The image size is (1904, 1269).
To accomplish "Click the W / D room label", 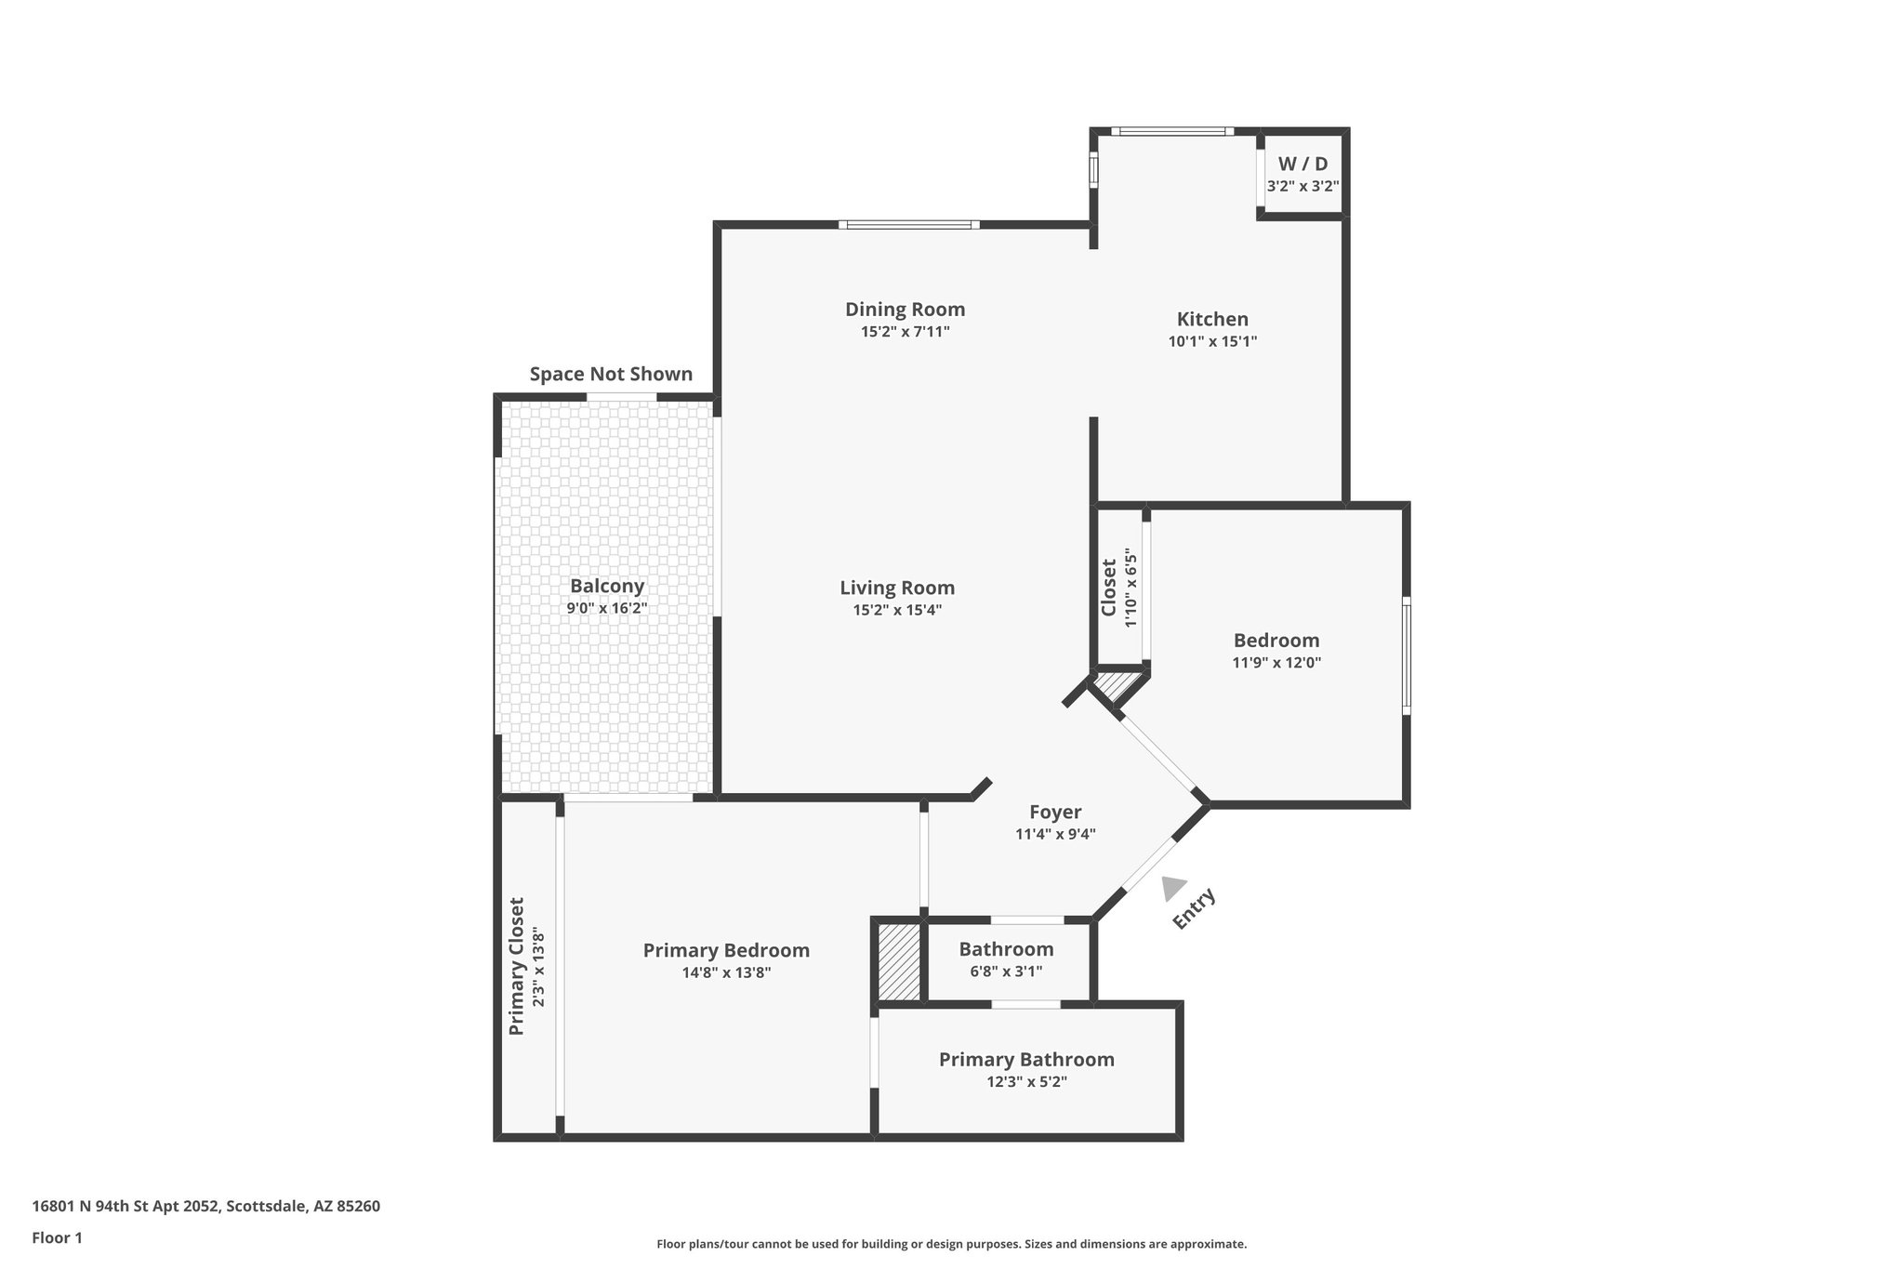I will coord(1302,164).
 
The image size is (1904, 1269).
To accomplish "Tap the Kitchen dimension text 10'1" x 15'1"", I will coord(1212,341).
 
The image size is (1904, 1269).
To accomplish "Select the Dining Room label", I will coord(905,309).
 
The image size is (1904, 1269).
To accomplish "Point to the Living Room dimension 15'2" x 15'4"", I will coord(897,610).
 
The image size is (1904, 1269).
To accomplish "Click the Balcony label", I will coord(606,586).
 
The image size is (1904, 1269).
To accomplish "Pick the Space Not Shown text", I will coord(611,374).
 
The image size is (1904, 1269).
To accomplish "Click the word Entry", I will coord(1194,908).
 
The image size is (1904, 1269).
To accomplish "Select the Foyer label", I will coord(1055,812).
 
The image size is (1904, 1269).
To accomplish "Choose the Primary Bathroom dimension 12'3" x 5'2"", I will coord(1026,1081).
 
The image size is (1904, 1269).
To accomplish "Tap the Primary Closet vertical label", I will coord(517,966).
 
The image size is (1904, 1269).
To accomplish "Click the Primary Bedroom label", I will coord(726,950).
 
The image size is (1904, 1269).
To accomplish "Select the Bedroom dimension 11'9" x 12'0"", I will coord(1276,663).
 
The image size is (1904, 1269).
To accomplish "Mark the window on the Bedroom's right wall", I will coord(1407,655).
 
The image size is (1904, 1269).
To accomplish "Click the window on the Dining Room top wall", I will coord(908,224).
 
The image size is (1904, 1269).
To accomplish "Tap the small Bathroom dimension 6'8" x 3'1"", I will coord(1006,972).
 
